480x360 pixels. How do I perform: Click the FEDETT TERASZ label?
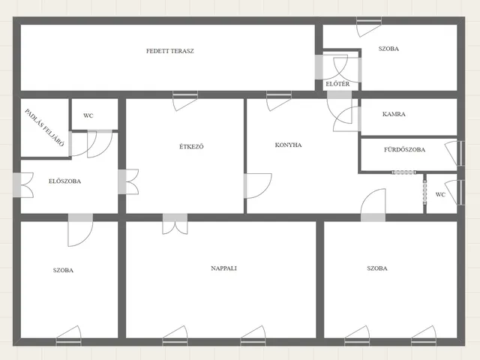coord(170,51)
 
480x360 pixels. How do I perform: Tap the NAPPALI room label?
coord(223,268)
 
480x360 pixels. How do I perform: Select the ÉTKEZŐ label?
coord(191,146)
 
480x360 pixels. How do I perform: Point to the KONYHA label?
coord(288,145)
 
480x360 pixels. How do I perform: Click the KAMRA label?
coord(394,114)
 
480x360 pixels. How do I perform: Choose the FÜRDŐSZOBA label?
coord(404,149)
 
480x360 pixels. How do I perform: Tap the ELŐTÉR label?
coord(337,83)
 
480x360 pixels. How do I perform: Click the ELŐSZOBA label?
coord(65,181)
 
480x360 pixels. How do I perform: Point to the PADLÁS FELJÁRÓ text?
coord(44,127)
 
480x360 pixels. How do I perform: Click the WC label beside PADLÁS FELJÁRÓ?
coord(88,115)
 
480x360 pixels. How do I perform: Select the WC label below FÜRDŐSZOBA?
coord(440,195)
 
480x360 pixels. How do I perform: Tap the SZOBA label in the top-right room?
coord(388,49)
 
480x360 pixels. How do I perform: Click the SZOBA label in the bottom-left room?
coord(63,270)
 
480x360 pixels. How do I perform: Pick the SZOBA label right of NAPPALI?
coord(377,268)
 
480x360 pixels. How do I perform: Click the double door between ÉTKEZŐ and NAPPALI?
coord(175,224)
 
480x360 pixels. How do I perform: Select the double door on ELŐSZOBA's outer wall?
coord(23,185)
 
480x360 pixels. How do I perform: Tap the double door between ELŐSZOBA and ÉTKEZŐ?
coord(128,181)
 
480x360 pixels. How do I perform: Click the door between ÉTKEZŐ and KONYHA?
coord(258,186)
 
